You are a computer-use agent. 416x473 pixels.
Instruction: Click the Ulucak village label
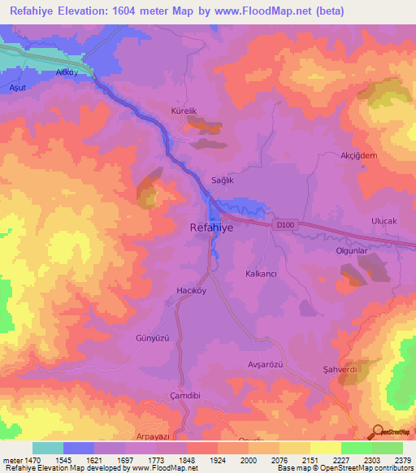(383, 221)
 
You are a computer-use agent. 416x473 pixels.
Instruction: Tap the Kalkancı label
(262, 274)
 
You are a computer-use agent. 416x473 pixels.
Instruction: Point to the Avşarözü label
(264, 364)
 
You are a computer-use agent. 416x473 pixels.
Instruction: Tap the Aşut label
(18, 86)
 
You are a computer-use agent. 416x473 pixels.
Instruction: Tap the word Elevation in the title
(89, 11)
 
